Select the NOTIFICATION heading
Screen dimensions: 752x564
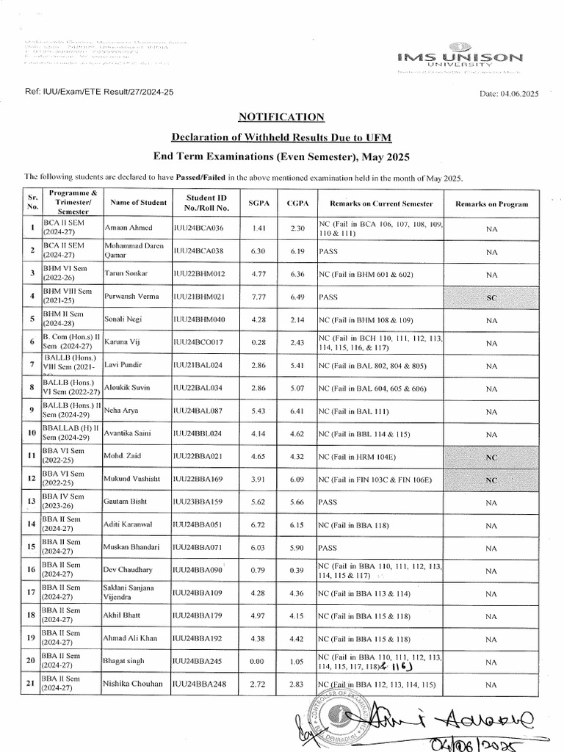point(281,117)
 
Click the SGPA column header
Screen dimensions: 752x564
point(258,203)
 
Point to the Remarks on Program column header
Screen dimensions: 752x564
point(492,203)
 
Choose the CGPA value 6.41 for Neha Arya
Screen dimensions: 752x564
point(297,411)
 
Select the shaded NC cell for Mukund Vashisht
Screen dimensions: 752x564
point(492,480)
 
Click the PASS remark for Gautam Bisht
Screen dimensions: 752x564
point(328,502)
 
